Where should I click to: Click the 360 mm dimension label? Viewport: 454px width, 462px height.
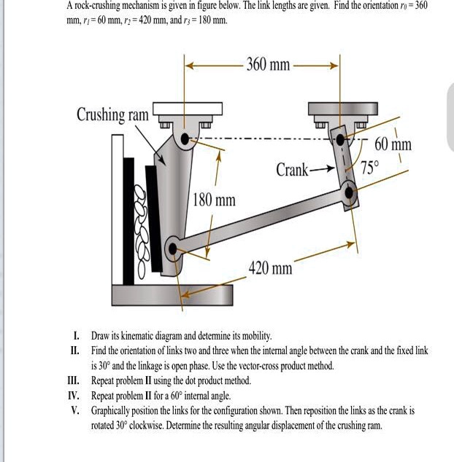click(x=268, y=66)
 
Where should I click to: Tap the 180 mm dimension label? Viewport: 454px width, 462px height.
click(x=214, y=199)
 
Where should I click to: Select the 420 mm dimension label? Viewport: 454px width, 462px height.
click(x=270, y=269)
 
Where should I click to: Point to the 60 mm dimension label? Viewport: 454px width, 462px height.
click(x=393, y=144)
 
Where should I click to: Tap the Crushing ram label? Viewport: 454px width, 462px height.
click(x=112, y=115)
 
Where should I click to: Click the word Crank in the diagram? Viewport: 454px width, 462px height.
click(x=293, y=171)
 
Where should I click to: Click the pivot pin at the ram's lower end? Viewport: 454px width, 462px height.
click(x=173, y=249)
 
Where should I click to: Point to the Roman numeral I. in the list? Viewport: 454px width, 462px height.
click(x=76, y=336)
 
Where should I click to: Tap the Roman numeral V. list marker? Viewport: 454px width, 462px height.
click(x=74, y=411)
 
